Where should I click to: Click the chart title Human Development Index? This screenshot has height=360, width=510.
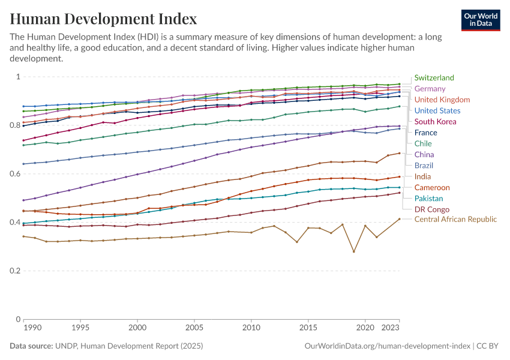point(103,19)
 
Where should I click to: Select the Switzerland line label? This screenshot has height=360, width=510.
point(434,78)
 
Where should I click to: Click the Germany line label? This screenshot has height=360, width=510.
point(430,89)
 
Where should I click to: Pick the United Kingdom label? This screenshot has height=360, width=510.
point(442,100)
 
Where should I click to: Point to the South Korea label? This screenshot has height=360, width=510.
point(436,122)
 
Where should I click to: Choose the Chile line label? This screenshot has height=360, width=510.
point(424,143)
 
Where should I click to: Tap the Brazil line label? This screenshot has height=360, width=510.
point(424,166)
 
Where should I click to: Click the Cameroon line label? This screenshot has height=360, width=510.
point(432,188)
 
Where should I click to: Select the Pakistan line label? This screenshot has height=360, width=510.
point(428,199)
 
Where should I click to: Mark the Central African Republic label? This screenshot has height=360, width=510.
point(455,220)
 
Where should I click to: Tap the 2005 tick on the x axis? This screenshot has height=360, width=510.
point(194,329)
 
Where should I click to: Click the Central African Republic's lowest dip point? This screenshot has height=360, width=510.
point(353,251)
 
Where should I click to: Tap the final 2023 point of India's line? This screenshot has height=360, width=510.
point(399,153)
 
